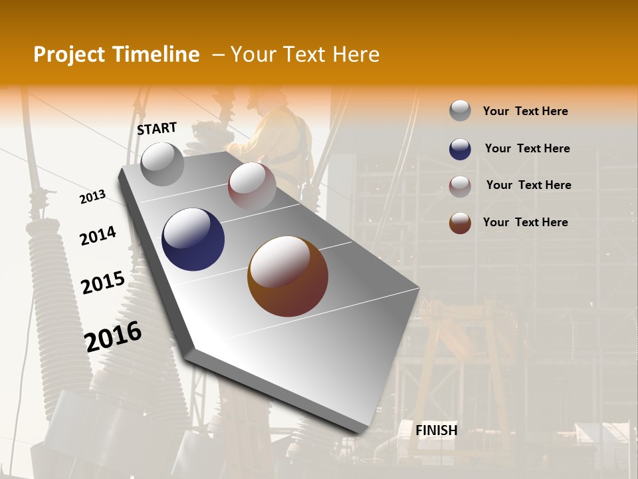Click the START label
pyautogui.click(x=157, y=128)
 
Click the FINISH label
pyautogui.click(x=436, y=430)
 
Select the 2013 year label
pyautogui.click(x=92, y=197)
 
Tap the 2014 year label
pyautogui.click(x=98, y=236)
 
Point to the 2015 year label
pyautogui.click(x=102, y=283)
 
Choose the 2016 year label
pyautogui.click(x=113, y=336)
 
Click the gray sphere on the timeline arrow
pyautogui.click(x=162, y=164)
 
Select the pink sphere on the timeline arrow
pyautogui.click(x=251, y=186)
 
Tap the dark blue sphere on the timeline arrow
pyautogui.click(x=193, y=239)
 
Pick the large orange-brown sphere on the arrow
pyautogui.click(x=288, y=276)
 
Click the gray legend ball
pyautogui.click(x=460, y=111)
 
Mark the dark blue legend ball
pyautogui.click(x=460, y=149)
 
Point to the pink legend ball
pyautogui.click(x=460, y=186)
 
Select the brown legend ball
pyautogui.click(x=460, y=223)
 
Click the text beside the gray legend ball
pyautogui.click(x=525, y=111)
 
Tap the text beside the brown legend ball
pyautogui.click(x=525, y=222)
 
